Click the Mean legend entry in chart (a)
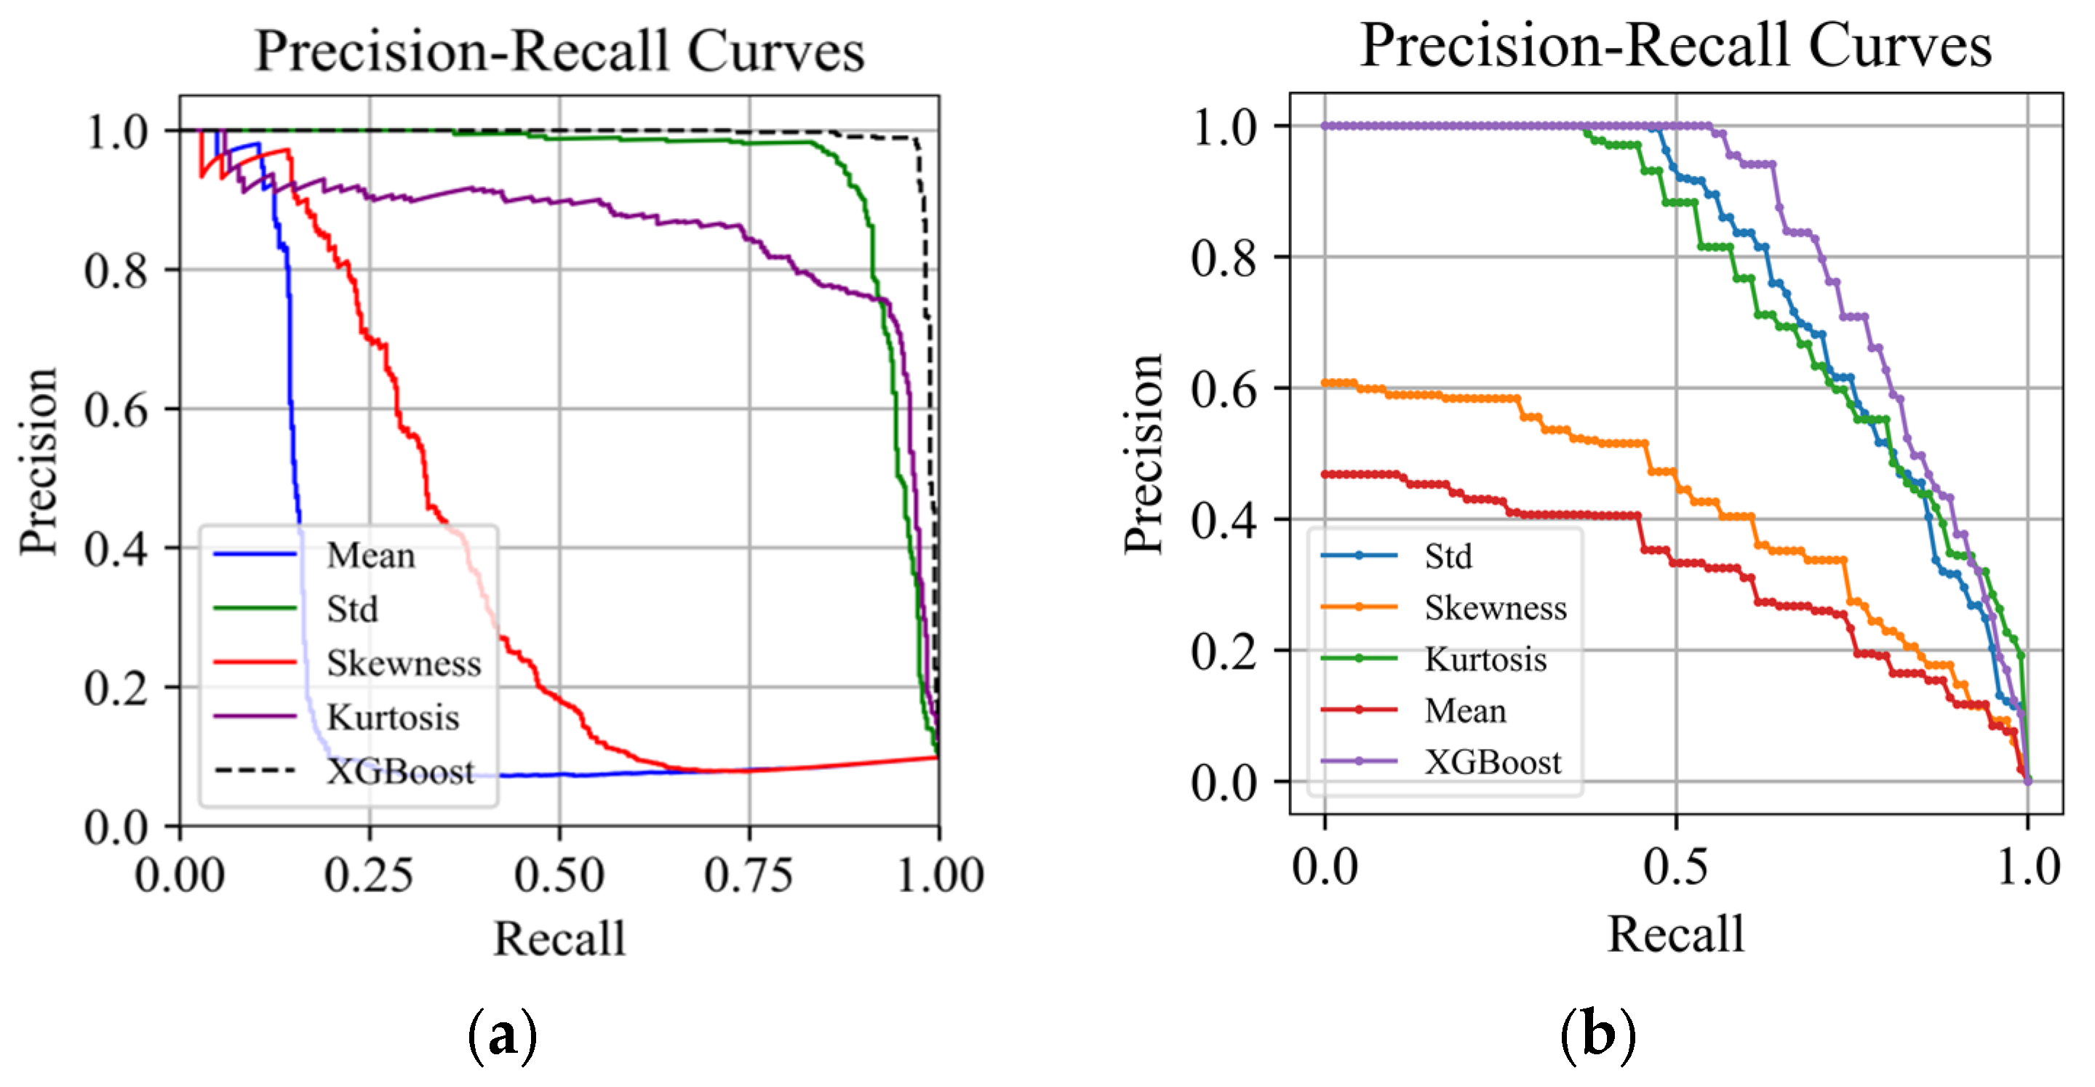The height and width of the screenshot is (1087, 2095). pos(370,555)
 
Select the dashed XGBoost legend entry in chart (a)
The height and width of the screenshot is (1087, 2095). pos(399,771)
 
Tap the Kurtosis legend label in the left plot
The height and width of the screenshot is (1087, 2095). pos(393,717)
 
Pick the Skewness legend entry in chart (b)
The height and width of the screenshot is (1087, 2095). pos(1495,607)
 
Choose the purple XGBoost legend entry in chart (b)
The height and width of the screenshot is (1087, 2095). pos(1493,762)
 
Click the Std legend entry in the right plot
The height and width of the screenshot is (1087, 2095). pos(1448,556)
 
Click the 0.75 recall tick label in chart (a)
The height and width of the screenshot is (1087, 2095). pos(749,875)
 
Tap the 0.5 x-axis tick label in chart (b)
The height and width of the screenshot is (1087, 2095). pos(1675,867)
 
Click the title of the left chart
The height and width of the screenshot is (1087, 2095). pos(559,50)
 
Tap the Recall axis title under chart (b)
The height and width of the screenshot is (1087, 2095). pos(1675,934)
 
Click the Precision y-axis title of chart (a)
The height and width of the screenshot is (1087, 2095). pos(39,461)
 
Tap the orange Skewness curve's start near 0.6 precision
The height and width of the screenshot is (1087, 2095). pos(1325,382)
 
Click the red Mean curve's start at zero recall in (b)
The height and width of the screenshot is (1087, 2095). pos(1325,473)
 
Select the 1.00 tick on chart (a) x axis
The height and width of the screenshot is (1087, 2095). pos(939,875)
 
